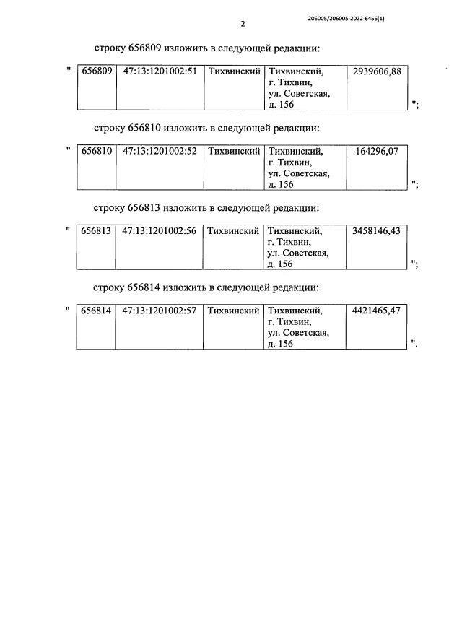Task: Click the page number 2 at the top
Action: (243, 24)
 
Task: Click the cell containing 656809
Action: (96, 72)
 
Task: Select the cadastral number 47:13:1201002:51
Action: (160, 72)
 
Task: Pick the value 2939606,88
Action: (377, 72)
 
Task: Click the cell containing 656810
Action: (96, 152)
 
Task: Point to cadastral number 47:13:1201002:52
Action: (160, 152)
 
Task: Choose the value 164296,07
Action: (382, 152)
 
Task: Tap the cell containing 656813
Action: (96, 231)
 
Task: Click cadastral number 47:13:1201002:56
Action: (160, 231)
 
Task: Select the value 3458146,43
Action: (377, 231)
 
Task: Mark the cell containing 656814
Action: (96, 311)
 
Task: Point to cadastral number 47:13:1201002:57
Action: (160, 311)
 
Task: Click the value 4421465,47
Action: (377, 311)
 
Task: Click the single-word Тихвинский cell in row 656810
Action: (233, 152)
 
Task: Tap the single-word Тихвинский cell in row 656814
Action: (233, 311)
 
